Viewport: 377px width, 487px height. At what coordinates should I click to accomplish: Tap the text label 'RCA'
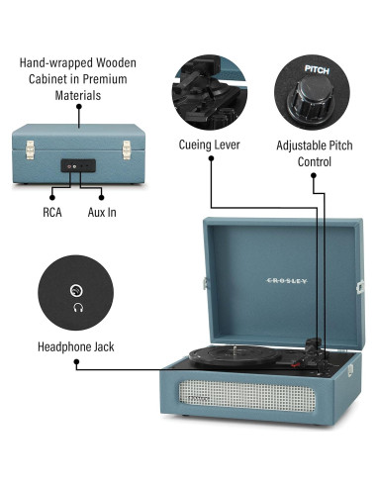52,212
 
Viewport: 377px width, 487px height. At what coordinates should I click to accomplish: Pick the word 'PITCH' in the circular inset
316,72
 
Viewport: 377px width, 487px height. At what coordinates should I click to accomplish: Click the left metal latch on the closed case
30,149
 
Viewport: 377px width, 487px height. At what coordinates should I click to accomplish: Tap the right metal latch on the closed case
127,149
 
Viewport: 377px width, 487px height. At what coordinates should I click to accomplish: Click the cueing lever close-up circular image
211,90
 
